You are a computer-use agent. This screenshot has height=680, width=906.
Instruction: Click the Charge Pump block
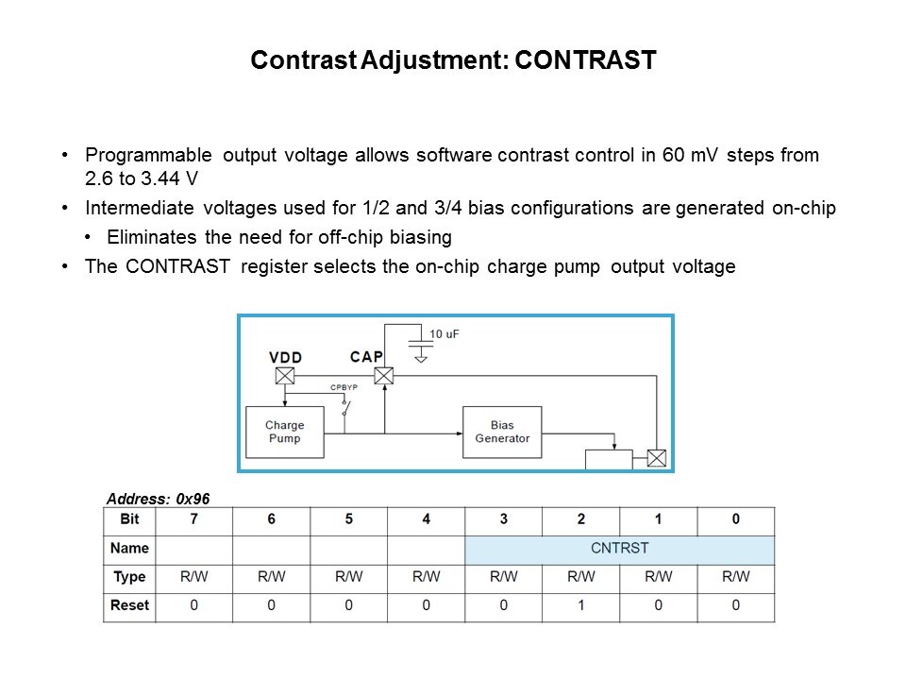285,432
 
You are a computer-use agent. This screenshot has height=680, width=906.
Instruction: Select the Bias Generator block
502,432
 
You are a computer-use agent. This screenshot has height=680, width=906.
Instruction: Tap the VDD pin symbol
285,376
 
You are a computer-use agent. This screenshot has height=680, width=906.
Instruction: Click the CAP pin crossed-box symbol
384,376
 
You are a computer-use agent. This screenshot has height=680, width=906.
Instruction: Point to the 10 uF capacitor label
444,334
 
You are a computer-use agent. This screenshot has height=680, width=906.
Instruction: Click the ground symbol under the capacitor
421,359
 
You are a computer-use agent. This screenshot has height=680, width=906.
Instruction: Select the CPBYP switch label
344,387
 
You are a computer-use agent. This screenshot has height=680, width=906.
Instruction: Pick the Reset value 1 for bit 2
580,605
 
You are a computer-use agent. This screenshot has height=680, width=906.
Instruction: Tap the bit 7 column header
194,519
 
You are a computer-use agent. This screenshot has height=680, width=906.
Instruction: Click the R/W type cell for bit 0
735,576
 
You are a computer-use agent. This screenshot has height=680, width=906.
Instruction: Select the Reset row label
129,605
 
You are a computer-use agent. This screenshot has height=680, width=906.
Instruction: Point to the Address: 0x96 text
158,499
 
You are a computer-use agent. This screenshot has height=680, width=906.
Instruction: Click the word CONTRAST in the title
585,60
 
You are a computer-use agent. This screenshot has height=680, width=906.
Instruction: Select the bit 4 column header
427,519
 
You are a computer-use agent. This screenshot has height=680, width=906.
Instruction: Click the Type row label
129,576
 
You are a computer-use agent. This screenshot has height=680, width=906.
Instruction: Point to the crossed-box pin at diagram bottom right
657,459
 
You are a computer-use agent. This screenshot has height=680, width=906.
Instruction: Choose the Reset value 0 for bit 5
349,605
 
